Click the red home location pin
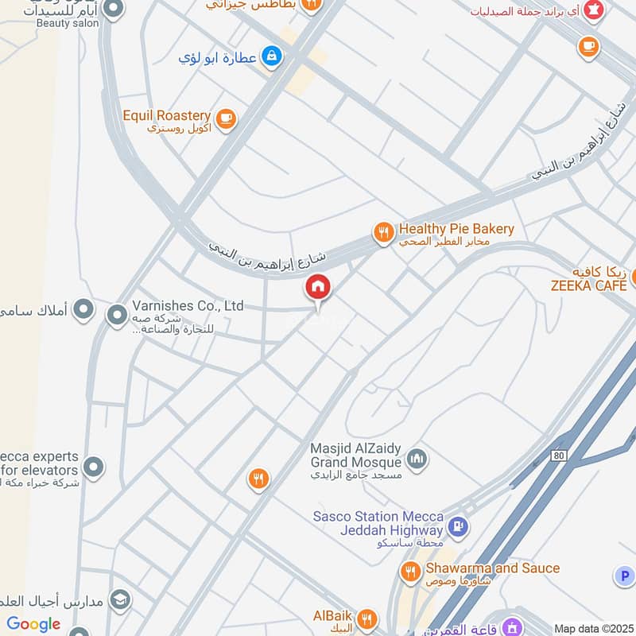(x=318, y=287)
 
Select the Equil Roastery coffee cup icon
(x=226, y=118)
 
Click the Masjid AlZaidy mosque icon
(x=417, y=459)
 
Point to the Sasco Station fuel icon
(x=457, y=525)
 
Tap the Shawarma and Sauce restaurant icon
(x=410, y=571)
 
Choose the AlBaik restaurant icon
(x=366, y=618)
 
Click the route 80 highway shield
(x=560, y=456)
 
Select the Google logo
(x=33, y=624)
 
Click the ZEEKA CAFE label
(x=589, y=285)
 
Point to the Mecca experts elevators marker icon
(x=94, y=467)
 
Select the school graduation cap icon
(x=120, y=598)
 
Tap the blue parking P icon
(x=623, y=575)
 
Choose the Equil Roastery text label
(x=166, y=116)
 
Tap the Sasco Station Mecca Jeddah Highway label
(x=378, y=523)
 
